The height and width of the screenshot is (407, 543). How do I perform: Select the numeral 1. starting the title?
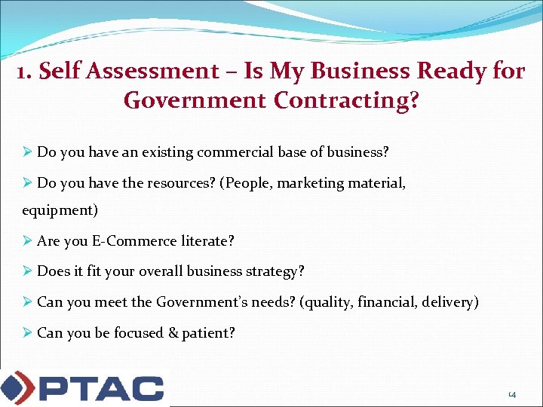25,71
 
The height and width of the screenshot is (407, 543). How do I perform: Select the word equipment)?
60,210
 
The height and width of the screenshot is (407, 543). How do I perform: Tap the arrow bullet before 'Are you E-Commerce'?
27,241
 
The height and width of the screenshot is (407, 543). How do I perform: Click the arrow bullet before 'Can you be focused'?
27,332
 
